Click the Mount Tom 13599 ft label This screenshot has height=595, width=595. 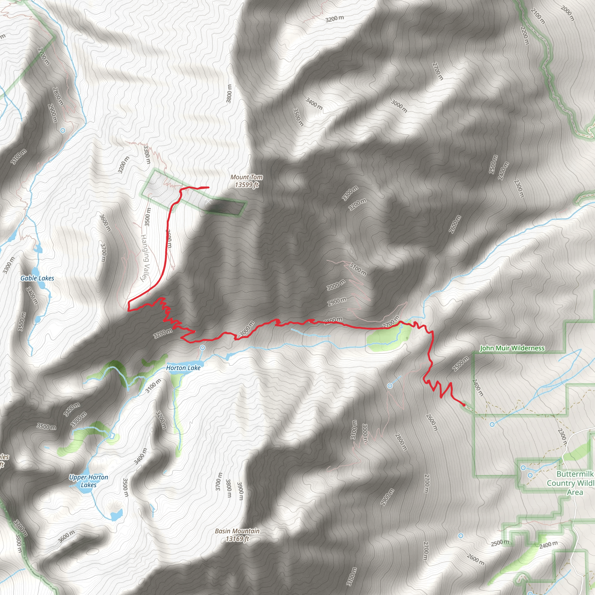point(246,181)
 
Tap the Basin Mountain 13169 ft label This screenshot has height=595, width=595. point(237,535)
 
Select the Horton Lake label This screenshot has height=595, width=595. point(183,368)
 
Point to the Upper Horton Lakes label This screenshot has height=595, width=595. point(89,481)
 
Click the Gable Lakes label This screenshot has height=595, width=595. point(37,278)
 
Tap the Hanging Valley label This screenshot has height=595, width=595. point(145,257)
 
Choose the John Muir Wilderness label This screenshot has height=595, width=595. point(512,348)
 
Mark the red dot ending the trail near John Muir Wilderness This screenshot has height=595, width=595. point(464,405)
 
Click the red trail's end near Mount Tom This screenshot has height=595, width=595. point(209,187)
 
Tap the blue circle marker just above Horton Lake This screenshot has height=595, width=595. point(202,348)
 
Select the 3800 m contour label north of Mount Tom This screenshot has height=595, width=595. point(229,94)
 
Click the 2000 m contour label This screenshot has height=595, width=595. point(567,13)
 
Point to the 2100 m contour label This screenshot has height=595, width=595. point(538,16)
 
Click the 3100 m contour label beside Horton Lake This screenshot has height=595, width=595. point(153,386)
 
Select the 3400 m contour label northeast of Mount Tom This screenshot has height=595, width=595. point(314,103)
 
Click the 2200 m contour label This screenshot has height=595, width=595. point(524,35)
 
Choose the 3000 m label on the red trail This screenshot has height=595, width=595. point(247,329)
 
